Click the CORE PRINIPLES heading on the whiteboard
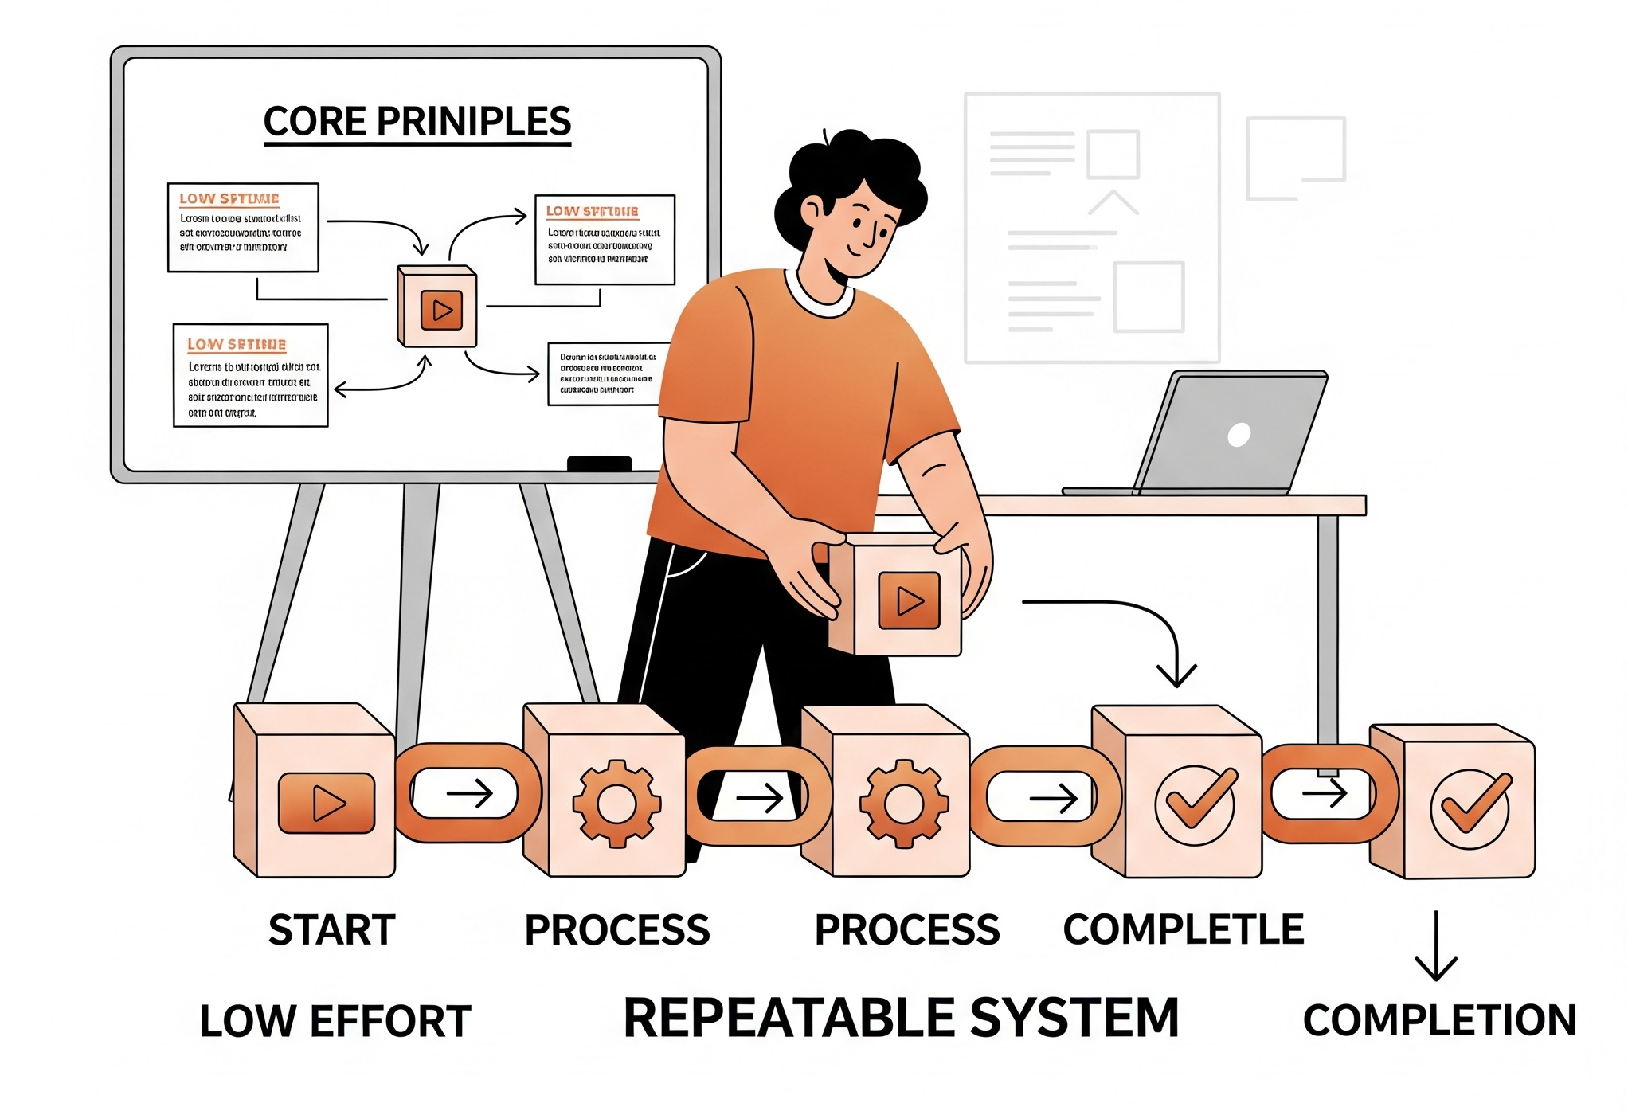pyautogui.click(x=417, y=122)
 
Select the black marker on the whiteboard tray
pyautogui.click(x=599, y=464)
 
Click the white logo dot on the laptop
pyautogui.click(x=1239, y=434)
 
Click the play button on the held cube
pyautogui.click(x=909, y=600)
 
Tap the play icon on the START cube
pyautogui.click(x=327, y=803)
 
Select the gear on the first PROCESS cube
pyautogui.click(x=616, y=803)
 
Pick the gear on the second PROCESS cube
pyautogui.click(x=903, y=803)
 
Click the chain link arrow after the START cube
pyautogui.click(x=470, y=793)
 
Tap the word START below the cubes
pyautogui.click(x=331, y=929)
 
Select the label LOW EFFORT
pyautogui.click(x=335, y=1021)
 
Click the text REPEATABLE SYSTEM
pyautogui.click(x=900, y=1018)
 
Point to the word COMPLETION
pyautogui.click(x=1439, y=1019)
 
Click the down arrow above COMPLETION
pyautogui.click(x=1435, y=948)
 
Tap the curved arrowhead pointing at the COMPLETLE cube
pyautogui.click(x=1176, y=675)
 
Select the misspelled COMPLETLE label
pyautogui.click(x=1184, y=929)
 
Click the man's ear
pyautogui.click(x=812, y=211)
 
